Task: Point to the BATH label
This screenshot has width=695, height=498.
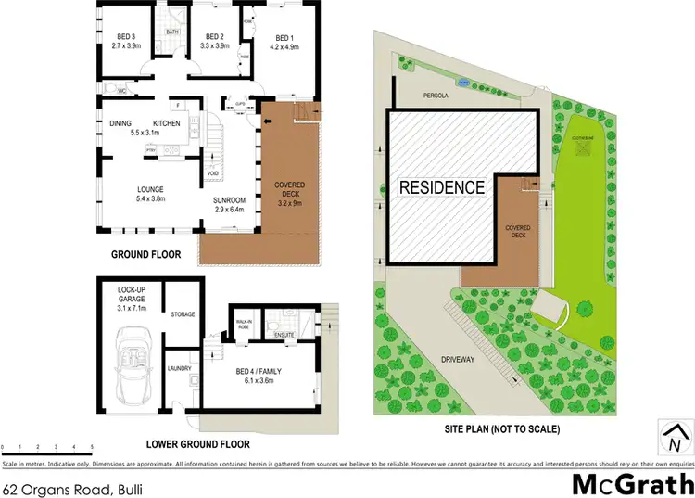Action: [x=172, y=32]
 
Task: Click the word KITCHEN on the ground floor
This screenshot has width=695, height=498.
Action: [x=166, y=123]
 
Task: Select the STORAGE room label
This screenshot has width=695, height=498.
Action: [x=183, y=314]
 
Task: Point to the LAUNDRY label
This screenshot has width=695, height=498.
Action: [x=179, y=368]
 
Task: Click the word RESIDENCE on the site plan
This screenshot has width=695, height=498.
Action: [x=441, y=187]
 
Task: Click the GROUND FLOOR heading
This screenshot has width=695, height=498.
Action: [x=145, y=254]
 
